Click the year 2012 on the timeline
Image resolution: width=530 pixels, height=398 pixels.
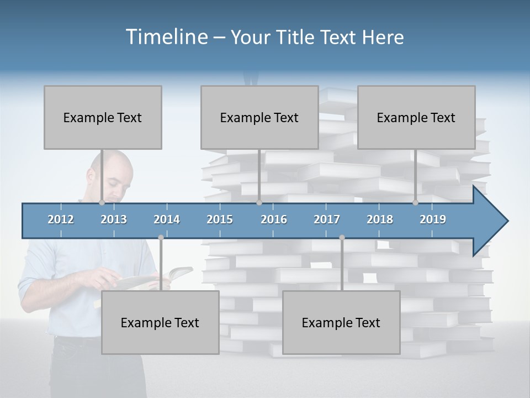[61, 219]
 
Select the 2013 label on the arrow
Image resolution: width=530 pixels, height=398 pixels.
[114, 219]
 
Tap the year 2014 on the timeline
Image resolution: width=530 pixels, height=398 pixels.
[167, 219]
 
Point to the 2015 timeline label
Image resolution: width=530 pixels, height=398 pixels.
[220, 219]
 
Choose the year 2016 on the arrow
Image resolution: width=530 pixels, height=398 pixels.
[274, 219]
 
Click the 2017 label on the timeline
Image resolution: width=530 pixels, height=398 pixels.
[327, 219]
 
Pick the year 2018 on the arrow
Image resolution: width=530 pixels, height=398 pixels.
[380, 219]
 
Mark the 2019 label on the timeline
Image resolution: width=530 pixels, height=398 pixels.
[433, 219]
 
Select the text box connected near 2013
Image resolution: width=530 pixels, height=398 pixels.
[103, 117]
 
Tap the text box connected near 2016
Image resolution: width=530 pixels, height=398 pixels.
[259, 117]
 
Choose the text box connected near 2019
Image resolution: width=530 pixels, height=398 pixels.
[416, 117]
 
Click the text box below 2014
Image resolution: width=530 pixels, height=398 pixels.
[160, 322]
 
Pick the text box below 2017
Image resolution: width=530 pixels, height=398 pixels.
[341, 322]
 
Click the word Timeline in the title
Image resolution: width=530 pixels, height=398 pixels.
[166, 37]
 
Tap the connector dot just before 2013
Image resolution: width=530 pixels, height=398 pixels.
[102, 203]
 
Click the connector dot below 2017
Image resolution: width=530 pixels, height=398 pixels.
[342, 237]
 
